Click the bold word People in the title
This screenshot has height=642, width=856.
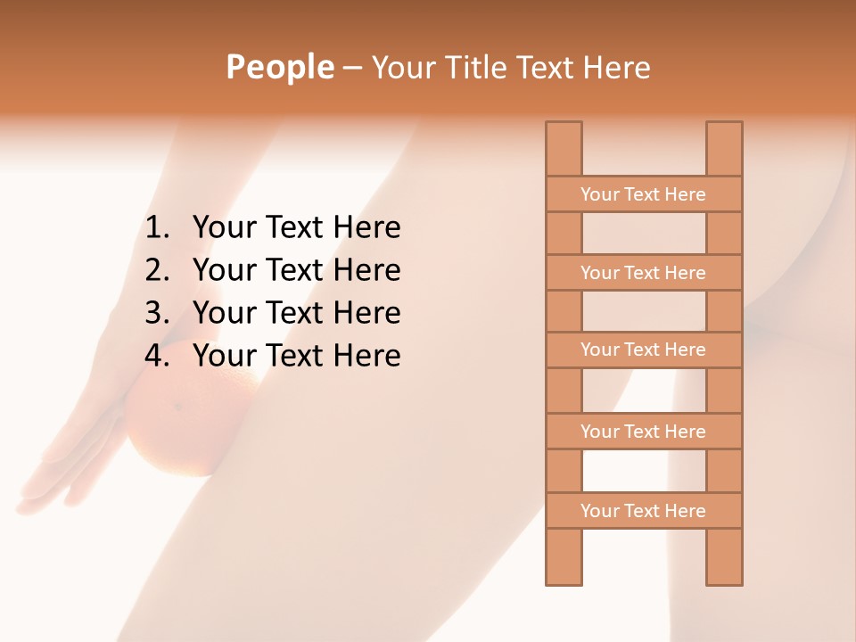[x=279, y=67]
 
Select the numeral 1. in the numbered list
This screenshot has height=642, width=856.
[x=157, y=228]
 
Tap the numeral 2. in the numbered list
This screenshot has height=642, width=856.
[x=157, y=270]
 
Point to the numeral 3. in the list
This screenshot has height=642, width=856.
[x=157, y=313]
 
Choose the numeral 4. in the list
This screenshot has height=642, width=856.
[x=157, y=356]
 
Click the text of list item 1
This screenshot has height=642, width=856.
[x=296, y=228]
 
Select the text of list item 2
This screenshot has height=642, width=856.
[x=296, y=270]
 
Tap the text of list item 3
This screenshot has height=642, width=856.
[x=296, y=313]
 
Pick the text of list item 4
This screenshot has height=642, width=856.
[x=296, y=356]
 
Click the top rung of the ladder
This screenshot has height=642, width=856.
[x=643, y=194]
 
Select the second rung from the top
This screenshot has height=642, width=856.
[x=643, y=273]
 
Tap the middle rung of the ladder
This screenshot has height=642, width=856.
[x=643, y=350]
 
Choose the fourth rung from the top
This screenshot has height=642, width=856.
[x=643, y=432]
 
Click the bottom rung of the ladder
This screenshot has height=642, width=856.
[x=643, y=511]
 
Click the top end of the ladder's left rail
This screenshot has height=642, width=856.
[x=564, y=129]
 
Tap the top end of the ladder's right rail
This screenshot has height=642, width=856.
[x=724, y=129]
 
